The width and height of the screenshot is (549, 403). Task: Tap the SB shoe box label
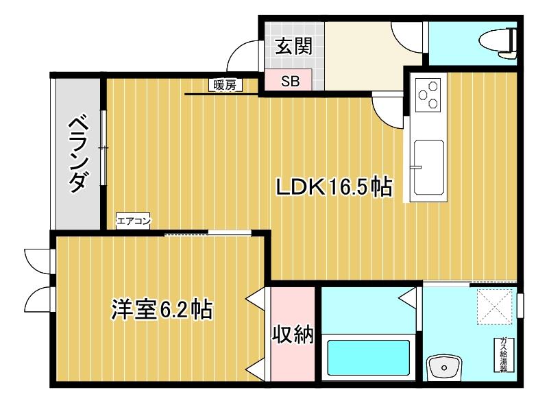coord(290,81)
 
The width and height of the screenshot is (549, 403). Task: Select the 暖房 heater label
coord(224,86)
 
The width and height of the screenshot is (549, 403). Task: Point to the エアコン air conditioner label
coord(134,221)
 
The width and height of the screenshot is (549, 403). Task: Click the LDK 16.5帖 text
coord(333,187)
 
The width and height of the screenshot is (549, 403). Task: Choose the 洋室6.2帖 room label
coord(161,310)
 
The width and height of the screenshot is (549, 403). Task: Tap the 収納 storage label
coord(293,335)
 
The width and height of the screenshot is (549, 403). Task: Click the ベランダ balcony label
coord(78,152)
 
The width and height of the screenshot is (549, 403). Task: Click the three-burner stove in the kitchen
coord(429,94)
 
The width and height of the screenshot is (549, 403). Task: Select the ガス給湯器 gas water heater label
coord(504,354)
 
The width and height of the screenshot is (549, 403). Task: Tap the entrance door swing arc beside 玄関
coord(243,56)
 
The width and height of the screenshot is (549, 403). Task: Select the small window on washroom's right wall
coord(520,303)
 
